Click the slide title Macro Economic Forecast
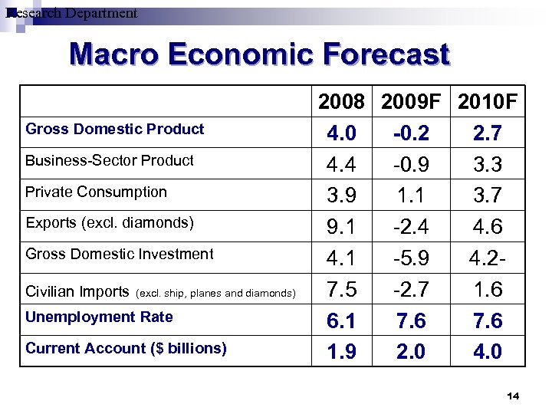[x=259, y=55]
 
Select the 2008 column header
[x=341, y=102]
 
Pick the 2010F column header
[x=488, y=102]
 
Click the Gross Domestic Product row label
[x=115, y=129]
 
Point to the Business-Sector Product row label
[x=110, y=160]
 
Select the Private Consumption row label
[x=96, y=192]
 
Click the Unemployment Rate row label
[x=99, y=317]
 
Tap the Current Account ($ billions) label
[x=126, y=348]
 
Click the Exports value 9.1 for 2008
[x=341, y=227]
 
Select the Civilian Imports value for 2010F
[x=488, y=289]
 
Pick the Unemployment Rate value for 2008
[x=341, y=320]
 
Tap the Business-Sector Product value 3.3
[x=488, y=165]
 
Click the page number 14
[x=513, y=396]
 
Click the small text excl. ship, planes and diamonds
[x=215, y=293]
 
